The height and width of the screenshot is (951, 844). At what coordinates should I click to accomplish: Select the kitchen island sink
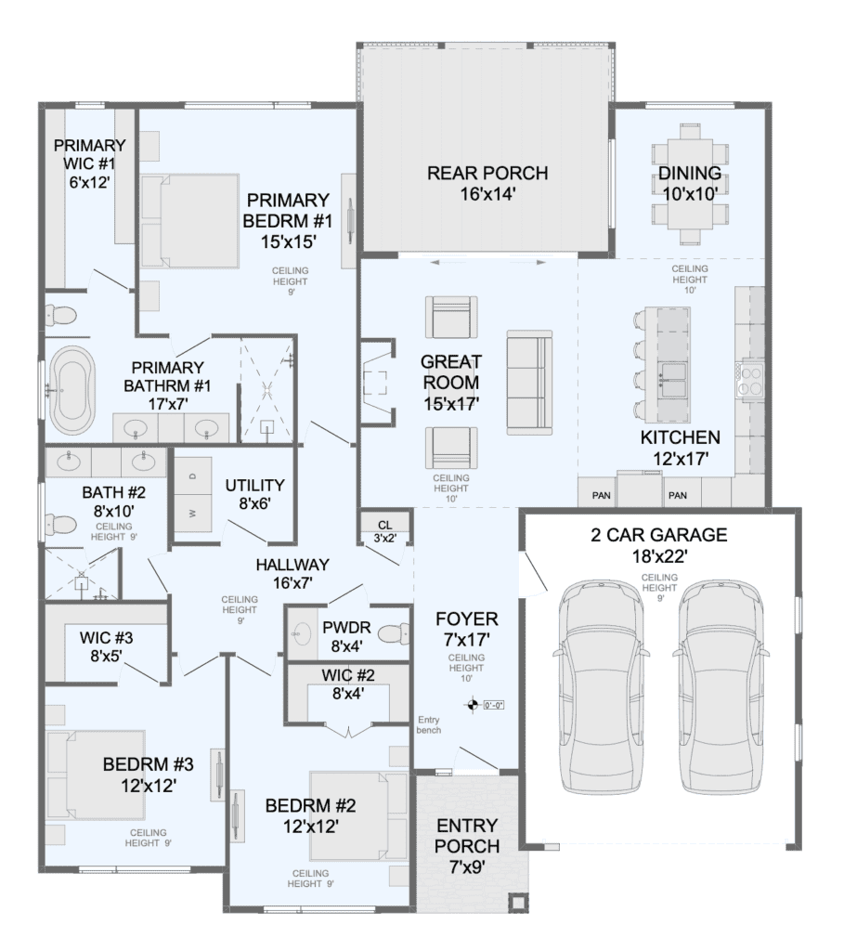672,379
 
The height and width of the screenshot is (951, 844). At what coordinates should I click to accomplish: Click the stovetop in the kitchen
751,380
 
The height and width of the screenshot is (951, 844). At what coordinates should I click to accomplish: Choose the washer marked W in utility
193,513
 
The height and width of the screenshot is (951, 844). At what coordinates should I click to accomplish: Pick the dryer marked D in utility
193,476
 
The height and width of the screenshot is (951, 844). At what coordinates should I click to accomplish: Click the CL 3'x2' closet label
385,531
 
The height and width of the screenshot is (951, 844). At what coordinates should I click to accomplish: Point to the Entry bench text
429,724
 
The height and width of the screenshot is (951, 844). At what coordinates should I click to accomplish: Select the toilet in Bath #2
61,523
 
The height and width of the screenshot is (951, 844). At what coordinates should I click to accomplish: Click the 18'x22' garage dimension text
659,555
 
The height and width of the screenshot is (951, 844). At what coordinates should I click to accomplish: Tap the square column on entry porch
518,903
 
